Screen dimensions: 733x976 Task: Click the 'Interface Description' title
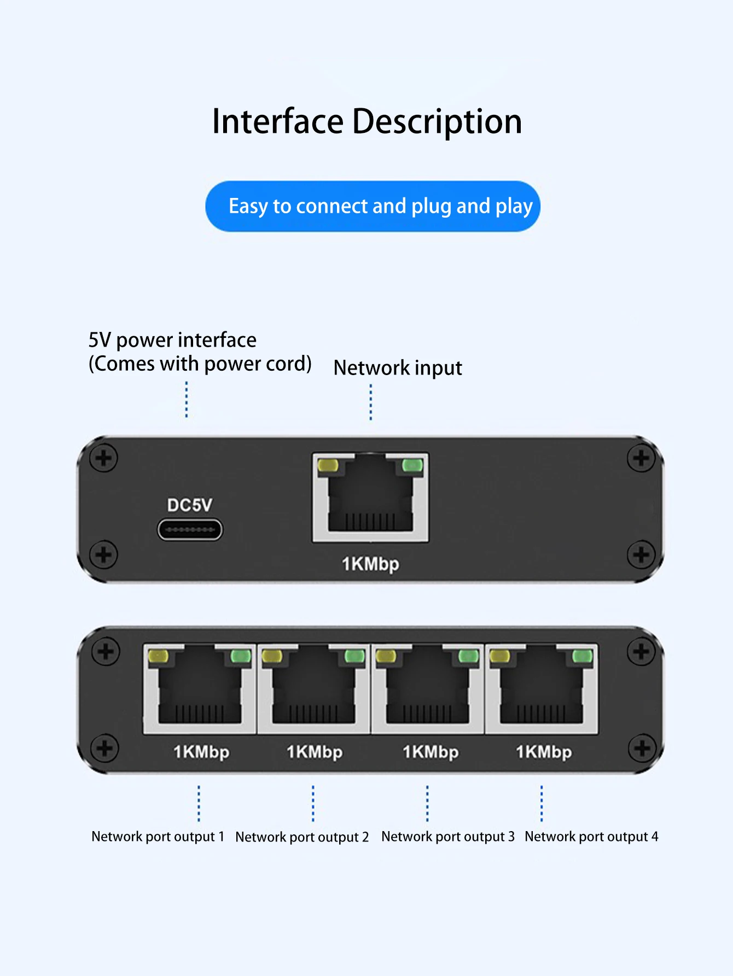366,121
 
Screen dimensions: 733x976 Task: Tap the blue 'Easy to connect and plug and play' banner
373,206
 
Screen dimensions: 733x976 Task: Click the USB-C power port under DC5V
190,529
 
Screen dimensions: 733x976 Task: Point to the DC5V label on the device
189,505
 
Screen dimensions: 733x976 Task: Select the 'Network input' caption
398,368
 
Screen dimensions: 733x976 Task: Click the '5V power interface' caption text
172,340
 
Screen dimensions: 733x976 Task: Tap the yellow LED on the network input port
328,466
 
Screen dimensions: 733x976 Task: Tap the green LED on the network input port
412,465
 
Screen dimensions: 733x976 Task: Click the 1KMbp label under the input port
370,564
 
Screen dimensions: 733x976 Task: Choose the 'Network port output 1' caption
158,837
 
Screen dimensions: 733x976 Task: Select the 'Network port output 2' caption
302,837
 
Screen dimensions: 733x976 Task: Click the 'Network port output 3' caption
448,837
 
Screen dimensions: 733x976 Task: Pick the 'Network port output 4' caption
591,837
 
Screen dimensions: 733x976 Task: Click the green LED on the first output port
241,656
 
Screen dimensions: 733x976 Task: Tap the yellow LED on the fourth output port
499,656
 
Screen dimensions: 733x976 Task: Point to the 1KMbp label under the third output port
431,752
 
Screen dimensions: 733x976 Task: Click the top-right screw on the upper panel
641,458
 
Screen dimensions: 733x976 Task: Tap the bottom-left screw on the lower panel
104,748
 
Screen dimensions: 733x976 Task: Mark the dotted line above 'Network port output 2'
313,803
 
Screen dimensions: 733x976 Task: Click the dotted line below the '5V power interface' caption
187,400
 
